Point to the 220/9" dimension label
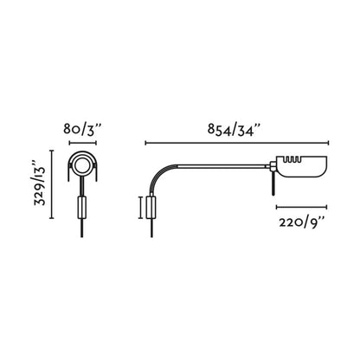(301, 222)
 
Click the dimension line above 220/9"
(301, 208)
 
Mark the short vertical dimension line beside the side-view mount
(140, 208)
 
